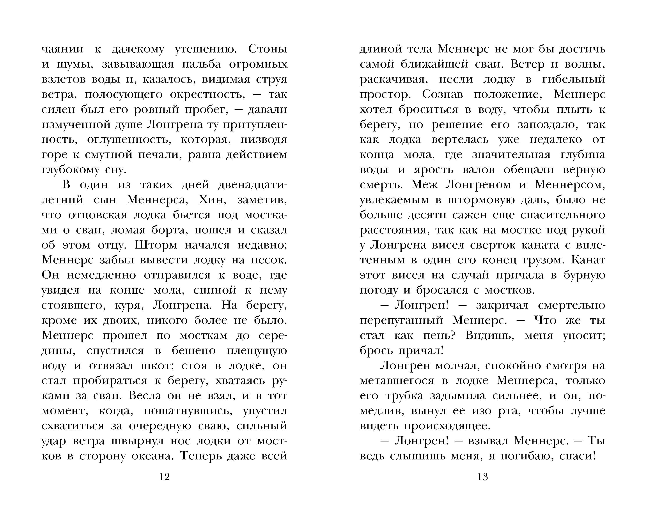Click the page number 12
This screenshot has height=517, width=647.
165,477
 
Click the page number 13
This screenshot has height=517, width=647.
482,477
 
